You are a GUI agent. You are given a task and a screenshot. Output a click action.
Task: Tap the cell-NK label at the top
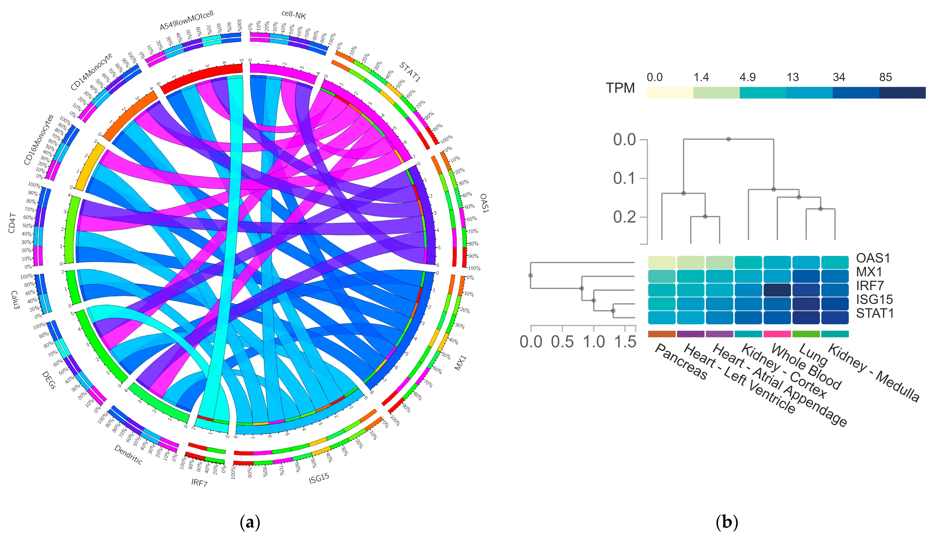coord(293,14)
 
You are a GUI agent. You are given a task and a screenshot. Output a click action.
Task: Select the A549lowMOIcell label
coord(186,21)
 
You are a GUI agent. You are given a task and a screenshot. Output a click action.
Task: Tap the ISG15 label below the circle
coord(319,478)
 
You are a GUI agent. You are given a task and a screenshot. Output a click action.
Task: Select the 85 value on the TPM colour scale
coord(885,77)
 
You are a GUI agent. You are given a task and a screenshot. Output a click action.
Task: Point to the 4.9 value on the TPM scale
coord(747,77)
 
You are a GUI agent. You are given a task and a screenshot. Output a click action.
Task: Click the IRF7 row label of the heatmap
coord(870,286)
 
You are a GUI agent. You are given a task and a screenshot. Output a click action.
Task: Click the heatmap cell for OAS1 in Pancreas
coord(662,262)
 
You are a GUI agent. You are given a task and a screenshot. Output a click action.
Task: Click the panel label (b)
coord(727,523)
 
